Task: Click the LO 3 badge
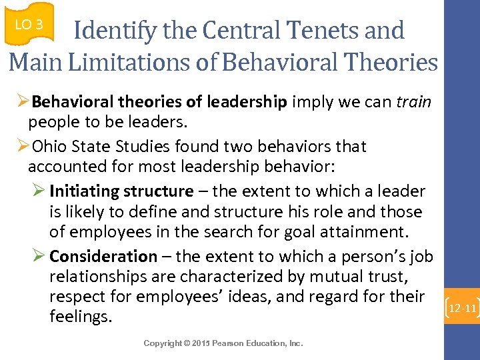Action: (x=29, y=25)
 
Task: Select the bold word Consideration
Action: (x=103, y=256)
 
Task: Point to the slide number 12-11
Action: (x=462, y=309)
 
